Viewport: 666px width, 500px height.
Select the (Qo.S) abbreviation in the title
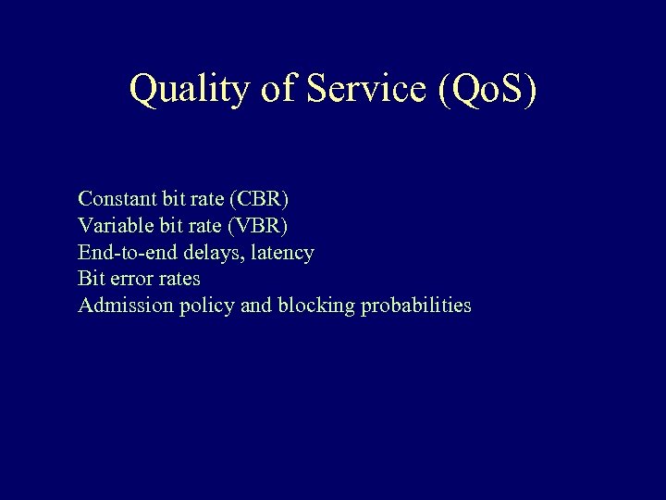coord(485,89)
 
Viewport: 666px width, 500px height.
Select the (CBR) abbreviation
coord(259,198)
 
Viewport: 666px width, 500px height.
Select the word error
coord(132,278)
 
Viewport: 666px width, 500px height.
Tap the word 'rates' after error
coord(179,278)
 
